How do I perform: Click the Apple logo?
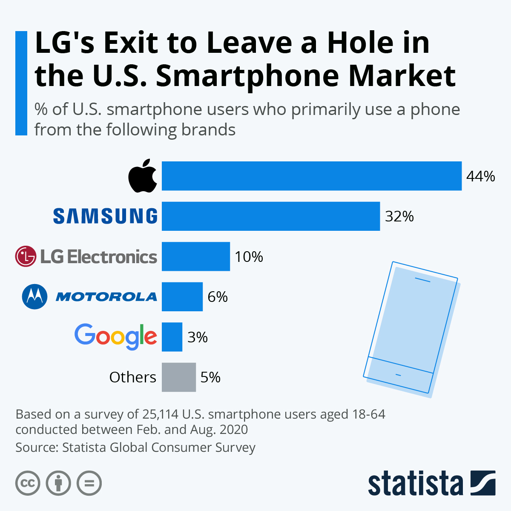[x=143, y=176]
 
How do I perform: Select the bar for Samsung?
[x=270, y=216]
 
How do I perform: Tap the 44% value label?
[x=480, y=176]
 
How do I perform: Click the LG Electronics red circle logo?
[x=26, y=256]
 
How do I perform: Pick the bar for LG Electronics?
[x=195, y=256]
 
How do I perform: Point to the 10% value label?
[x=249, y=257]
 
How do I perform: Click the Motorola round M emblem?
[x=34, y=296]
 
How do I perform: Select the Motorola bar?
[x=182, y=296]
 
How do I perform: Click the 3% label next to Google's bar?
[x=197, y=337]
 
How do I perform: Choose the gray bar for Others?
[x=178, y=377]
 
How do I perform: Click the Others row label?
[x=132, y=377]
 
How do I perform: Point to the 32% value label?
[x=399, y=217]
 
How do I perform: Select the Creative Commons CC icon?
[x=28, y=483]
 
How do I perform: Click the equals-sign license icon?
[x=89, y=483]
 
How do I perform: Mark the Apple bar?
[x=311, y=176]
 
